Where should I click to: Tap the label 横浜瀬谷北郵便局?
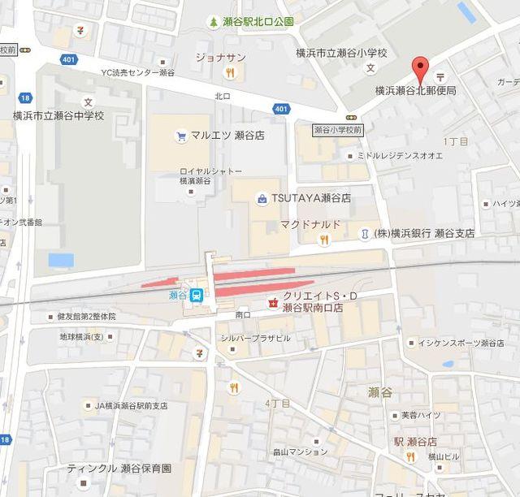pos(415,90)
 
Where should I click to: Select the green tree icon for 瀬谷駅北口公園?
pos(213,22)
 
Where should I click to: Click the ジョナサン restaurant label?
pos(220,57)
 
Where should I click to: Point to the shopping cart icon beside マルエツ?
pos(180,136)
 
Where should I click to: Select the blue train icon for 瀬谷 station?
pos(197,296)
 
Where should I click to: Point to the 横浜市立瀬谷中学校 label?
pos(59,115)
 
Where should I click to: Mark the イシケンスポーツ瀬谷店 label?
pos(461,343)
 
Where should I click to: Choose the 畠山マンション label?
pos(300,452)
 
